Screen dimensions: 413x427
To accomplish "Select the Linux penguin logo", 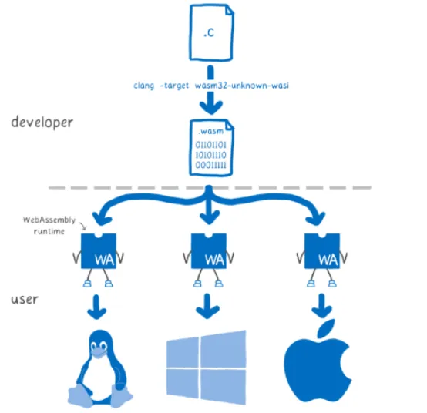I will [98, 369].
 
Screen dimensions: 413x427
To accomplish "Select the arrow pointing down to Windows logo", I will [207, 306].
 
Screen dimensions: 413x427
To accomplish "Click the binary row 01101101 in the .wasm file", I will [210, 143].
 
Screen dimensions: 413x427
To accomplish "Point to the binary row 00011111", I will [210, 165].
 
